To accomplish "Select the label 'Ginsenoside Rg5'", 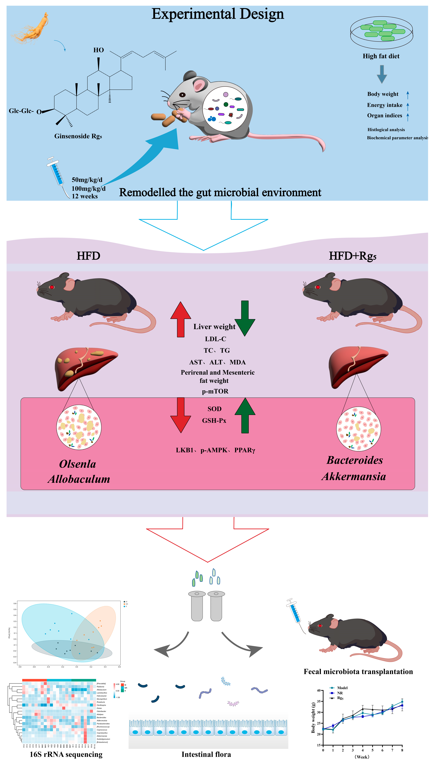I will pos(78,136).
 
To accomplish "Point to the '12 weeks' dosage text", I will pos(85,196).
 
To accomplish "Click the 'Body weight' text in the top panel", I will pos(383,94).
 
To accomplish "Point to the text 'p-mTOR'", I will pos(215,391).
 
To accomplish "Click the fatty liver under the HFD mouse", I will pos(85,367).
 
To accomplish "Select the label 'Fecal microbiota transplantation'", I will pos(358,672).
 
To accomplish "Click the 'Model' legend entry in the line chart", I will pos(342,688).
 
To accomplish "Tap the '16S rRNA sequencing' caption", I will pos(66,755).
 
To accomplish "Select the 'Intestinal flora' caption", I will pos(206,755).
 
